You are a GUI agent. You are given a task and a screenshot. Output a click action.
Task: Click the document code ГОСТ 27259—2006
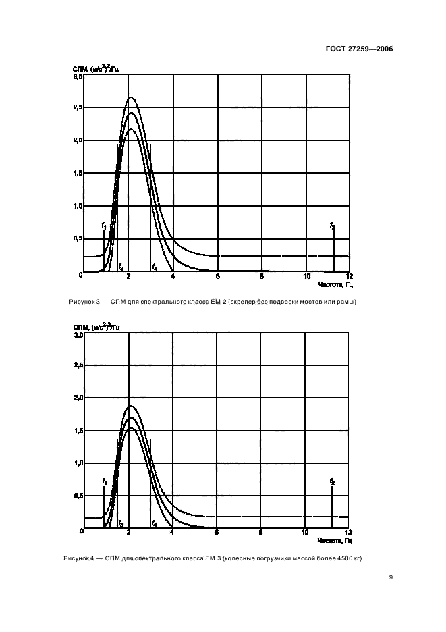(359, 49)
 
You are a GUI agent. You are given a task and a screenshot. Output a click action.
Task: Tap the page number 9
(391, 577)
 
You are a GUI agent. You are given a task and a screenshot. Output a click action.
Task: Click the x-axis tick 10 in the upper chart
(307, 277)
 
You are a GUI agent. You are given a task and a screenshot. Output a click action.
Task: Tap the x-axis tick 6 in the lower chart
(217, 532)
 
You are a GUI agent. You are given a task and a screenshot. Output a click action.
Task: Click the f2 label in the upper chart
(333, 225)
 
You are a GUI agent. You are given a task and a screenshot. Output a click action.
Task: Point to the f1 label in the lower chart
(105, 481)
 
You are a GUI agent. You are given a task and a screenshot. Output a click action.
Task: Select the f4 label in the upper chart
(155, 267)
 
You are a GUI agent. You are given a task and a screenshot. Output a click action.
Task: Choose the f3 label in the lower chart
(121, 523)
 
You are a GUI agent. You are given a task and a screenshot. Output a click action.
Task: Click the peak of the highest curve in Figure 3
(131, 97)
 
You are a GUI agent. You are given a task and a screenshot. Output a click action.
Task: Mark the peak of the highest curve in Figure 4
(130, 406)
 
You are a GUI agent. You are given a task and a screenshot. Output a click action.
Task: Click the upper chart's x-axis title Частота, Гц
(335, 286)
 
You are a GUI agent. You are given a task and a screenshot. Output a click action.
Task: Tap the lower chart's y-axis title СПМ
(82, 327)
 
